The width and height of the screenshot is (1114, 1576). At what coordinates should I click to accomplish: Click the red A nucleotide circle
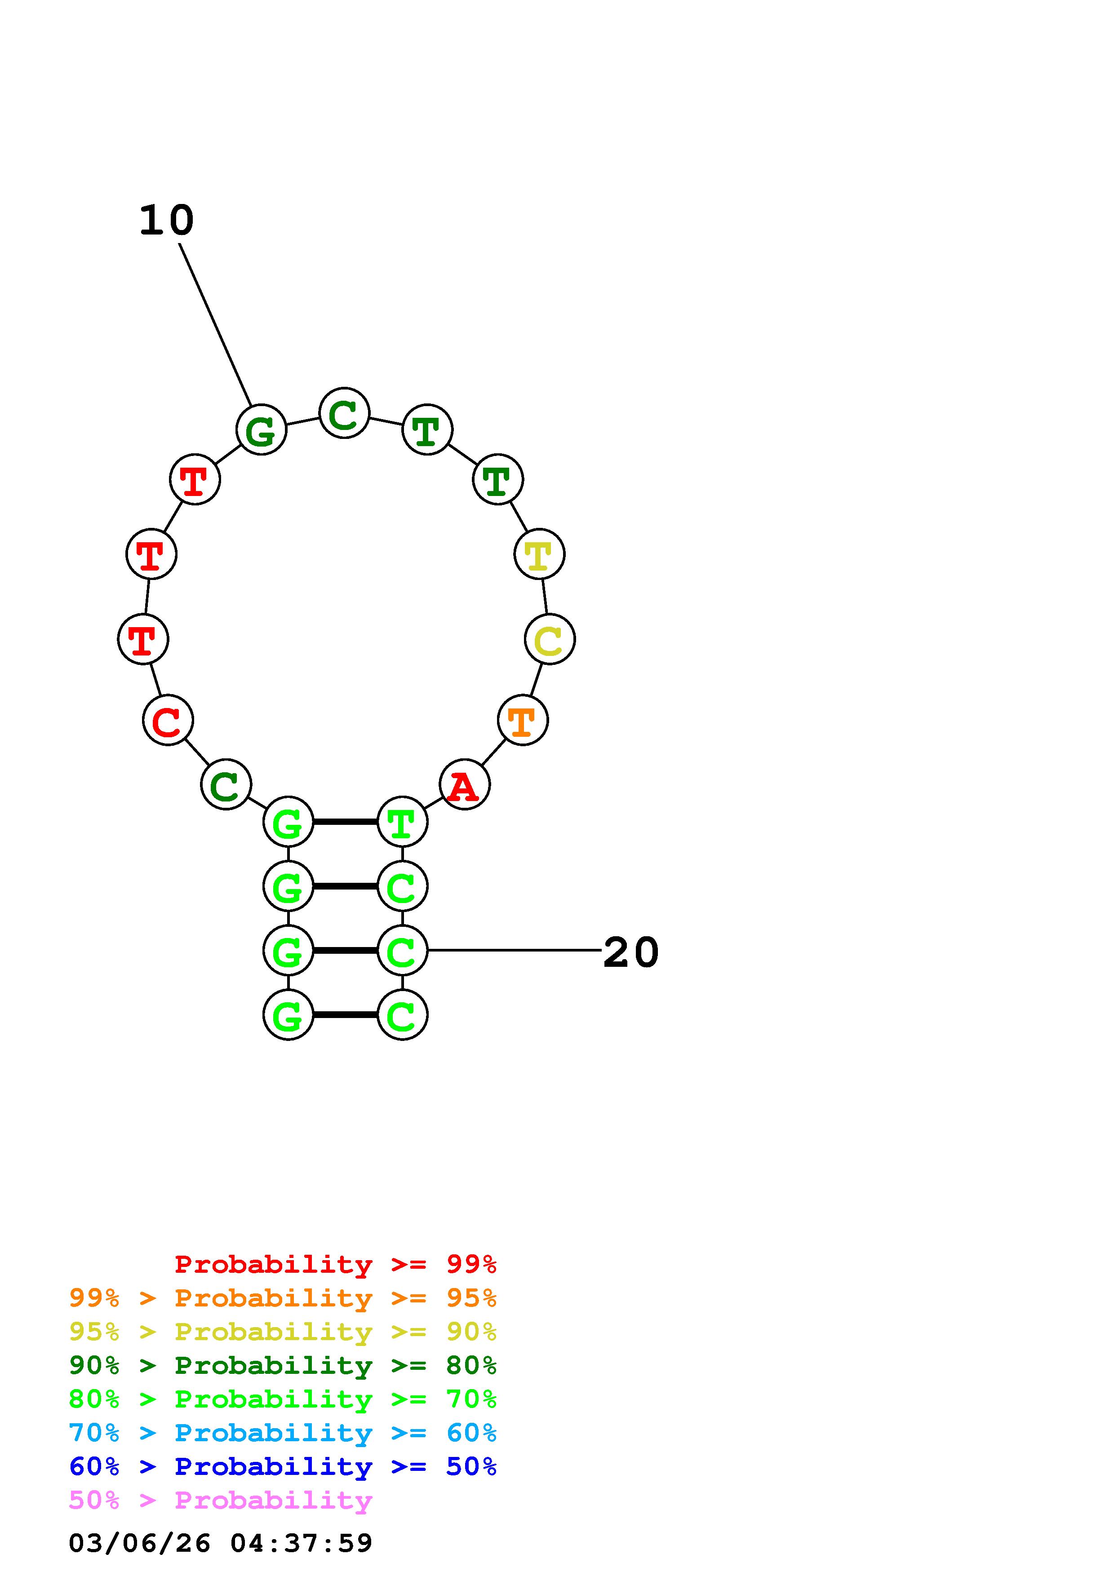click(x=465, y=784)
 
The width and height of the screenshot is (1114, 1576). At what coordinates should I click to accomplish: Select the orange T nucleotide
click(x=522, y=720)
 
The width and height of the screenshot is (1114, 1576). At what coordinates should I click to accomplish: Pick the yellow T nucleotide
click(x=540, y=554)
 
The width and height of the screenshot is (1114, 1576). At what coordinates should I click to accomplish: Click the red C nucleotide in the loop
click(x=168, y=720)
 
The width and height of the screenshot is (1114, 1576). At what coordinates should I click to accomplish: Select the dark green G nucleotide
click(x=261, y=429)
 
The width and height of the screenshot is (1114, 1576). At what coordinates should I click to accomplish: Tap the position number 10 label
click(x=167, y=221)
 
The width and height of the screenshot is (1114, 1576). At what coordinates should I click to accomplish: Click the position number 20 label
click(x=631, y=953)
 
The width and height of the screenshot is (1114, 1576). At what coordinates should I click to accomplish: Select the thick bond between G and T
click(x=345, y=822)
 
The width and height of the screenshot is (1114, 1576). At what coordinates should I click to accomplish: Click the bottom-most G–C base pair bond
click(x=345, y=1014)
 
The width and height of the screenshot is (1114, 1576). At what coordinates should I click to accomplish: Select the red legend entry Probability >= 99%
click(x=336, y=1264)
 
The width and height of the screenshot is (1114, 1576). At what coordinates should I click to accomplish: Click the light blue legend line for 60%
click(x=283, y=1433)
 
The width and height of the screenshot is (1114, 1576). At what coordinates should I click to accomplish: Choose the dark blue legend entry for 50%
click(x=283, y=1466)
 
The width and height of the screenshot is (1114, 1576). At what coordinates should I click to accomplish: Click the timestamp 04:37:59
click(x=302, y=1543)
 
